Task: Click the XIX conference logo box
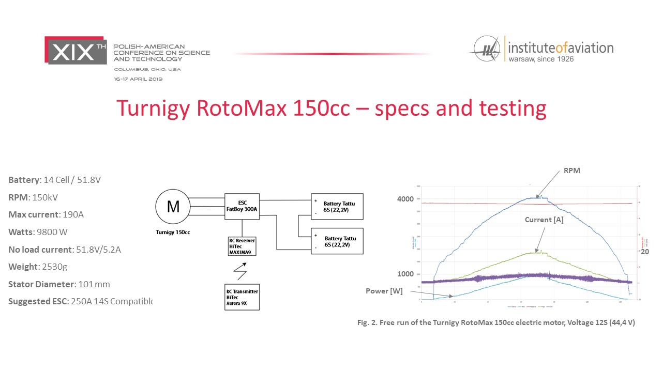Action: (76, 50)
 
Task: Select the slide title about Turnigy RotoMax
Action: (331, 108)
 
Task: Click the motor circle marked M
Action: (173, 207)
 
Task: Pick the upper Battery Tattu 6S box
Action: (337, 207)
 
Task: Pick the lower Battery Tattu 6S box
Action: (337, 241)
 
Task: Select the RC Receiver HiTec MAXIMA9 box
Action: (242, 246)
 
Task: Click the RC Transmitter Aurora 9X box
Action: (242, 297)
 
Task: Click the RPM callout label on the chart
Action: (573, 171)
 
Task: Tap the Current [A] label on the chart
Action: (544, 220)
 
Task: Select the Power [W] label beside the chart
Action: (385, 290)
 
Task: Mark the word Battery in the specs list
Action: (24, 179)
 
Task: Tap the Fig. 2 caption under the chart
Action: (496, 322)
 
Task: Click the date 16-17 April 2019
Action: (139, 79)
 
